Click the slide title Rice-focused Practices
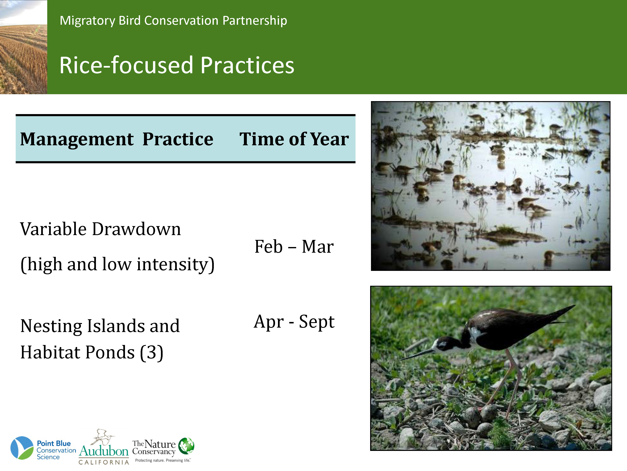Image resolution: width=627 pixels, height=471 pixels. (177, 65)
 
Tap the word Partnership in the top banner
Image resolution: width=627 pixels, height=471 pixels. (255, 21)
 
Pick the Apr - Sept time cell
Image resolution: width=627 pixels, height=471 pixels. (294, 322)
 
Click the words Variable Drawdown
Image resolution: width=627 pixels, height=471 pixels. (100, 229)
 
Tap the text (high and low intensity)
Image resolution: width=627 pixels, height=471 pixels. (117, 265)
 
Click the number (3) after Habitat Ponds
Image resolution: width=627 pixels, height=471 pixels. (152, 353)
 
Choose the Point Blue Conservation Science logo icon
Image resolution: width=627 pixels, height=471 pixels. (22, 448)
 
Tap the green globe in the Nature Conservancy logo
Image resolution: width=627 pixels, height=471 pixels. (186, 445)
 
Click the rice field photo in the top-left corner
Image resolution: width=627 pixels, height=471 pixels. (24, 47)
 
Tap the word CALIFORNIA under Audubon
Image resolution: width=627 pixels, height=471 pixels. (104, 462)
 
